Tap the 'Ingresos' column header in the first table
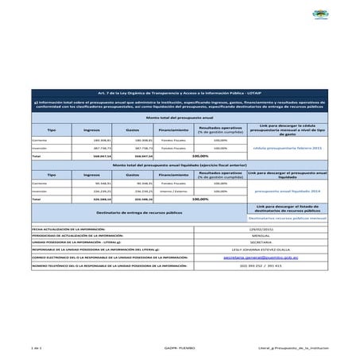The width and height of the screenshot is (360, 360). [91, 129]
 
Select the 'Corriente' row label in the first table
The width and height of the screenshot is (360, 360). [39, 140]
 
